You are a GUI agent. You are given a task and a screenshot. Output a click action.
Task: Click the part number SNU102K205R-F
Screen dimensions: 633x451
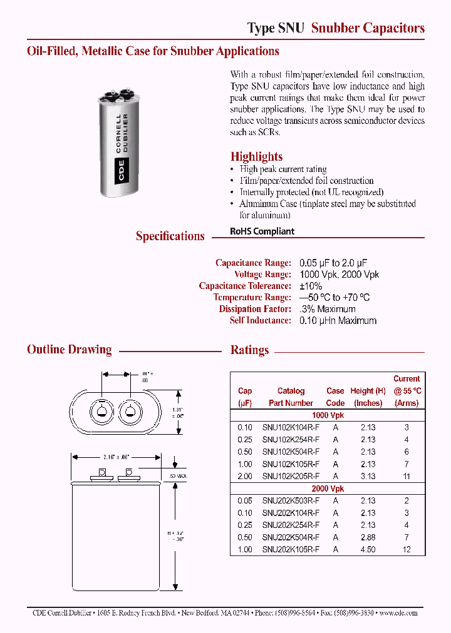291,477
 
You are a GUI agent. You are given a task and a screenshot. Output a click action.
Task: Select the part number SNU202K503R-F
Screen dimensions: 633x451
291,501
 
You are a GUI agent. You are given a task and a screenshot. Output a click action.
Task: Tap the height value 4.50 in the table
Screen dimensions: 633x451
368,549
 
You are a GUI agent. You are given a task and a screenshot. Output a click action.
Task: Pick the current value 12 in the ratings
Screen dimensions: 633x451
407,549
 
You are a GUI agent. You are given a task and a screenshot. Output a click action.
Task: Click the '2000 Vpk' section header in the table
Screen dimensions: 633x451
328,489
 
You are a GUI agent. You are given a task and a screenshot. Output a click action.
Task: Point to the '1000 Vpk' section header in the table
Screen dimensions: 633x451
328,415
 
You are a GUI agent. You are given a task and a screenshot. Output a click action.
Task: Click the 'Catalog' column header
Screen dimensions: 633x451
291,391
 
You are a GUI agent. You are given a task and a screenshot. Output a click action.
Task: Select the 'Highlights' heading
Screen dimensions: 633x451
256,157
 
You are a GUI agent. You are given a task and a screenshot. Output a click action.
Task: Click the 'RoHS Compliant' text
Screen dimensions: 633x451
262,231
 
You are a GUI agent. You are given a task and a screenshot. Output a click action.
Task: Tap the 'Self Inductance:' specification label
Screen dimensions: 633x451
260,320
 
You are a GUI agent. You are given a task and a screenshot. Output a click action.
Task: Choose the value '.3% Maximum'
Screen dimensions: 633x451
328,309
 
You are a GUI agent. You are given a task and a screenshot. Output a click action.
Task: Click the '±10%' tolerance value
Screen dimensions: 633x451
311,286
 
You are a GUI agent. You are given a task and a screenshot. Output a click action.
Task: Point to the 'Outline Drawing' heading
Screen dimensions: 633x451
70,350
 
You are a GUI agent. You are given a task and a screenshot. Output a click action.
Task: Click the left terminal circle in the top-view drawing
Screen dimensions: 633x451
101,410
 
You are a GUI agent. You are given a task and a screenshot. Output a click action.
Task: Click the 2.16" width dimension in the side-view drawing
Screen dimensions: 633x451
117,458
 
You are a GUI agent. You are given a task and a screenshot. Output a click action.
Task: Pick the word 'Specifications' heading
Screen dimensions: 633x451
170,236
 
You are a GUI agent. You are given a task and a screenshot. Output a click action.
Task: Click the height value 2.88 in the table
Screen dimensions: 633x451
368,537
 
